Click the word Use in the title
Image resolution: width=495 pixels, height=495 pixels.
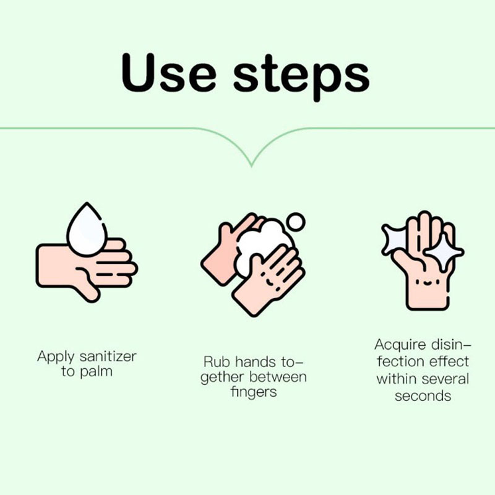tap(168, 73)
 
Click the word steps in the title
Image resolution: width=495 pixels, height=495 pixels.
tap(301, 78)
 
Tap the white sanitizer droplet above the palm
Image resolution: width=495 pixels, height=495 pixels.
tap(87, 229)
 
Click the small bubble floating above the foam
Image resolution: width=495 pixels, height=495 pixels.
tap(295, 222)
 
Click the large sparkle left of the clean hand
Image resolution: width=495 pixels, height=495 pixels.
tap(395, 239)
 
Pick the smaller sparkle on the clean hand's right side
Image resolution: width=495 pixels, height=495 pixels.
tap(444, 252)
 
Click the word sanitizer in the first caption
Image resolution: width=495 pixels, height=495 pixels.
tap(108, 357)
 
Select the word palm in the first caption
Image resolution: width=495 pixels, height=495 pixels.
tap(97, 372)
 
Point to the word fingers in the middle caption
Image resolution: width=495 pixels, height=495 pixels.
tap(254, 392)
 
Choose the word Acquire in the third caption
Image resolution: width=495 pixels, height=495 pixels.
tap(400, 345)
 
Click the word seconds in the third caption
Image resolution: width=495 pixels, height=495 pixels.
tap(423, 396)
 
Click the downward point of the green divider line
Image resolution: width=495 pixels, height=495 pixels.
tap(252, 165)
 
